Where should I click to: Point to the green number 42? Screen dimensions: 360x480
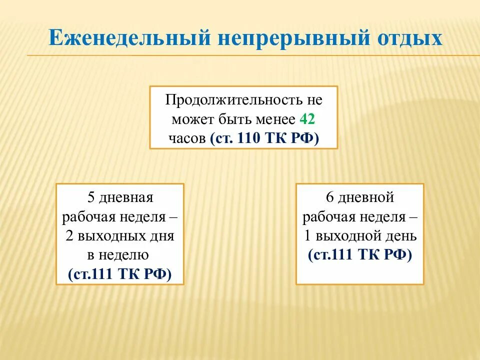tap(307, 119)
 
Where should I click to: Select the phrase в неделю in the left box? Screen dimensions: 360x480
tap(118, 255)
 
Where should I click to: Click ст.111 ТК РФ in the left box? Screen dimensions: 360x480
tap(119, 273)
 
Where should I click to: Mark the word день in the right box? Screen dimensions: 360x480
tap(402, 236)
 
